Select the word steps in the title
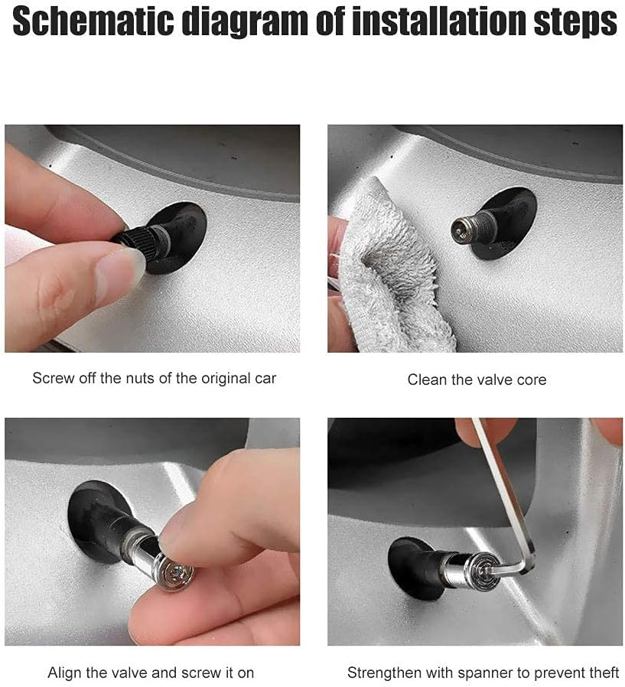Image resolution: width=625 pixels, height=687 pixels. pyautogui.click(x=575, y=23)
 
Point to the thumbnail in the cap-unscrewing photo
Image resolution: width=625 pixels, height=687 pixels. pyautogui.click(x=119, y=267)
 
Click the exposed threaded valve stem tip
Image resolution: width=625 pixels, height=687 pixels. pyautogui.click(x=469, y=225)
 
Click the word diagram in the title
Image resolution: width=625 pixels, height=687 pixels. pyautogui.click(x=246, y=23)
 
